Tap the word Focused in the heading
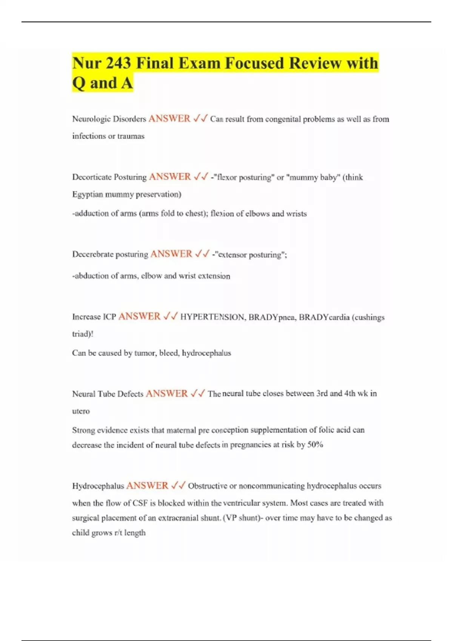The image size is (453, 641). [254, 63]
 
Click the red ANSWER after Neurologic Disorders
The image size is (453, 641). [169, 119]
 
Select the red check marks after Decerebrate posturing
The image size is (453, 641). [202, 254]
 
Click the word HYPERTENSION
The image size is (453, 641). [212, 317]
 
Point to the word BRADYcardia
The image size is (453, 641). [324, 317]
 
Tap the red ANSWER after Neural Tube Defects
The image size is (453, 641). [166, 394]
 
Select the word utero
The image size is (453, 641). [81, 411]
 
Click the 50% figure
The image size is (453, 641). [315, 445]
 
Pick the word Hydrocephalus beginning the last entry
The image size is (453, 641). [98, 486]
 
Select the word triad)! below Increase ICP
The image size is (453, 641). [82, 334]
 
